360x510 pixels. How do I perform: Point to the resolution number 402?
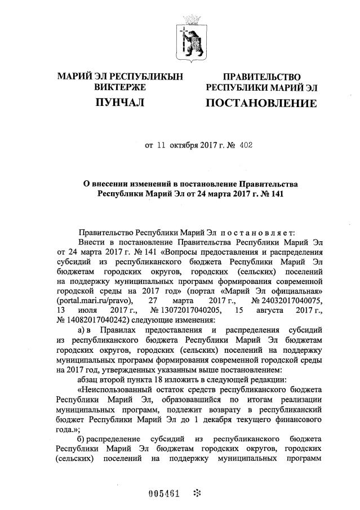[x=246, y=144]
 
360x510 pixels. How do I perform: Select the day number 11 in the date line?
[x=162, y=144]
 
